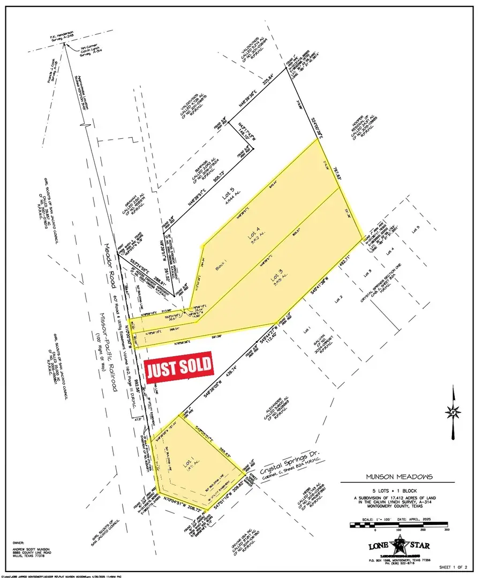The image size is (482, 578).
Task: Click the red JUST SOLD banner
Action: click(x=179, y=367)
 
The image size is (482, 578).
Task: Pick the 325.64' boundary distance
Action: click(x=272, y=85)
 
